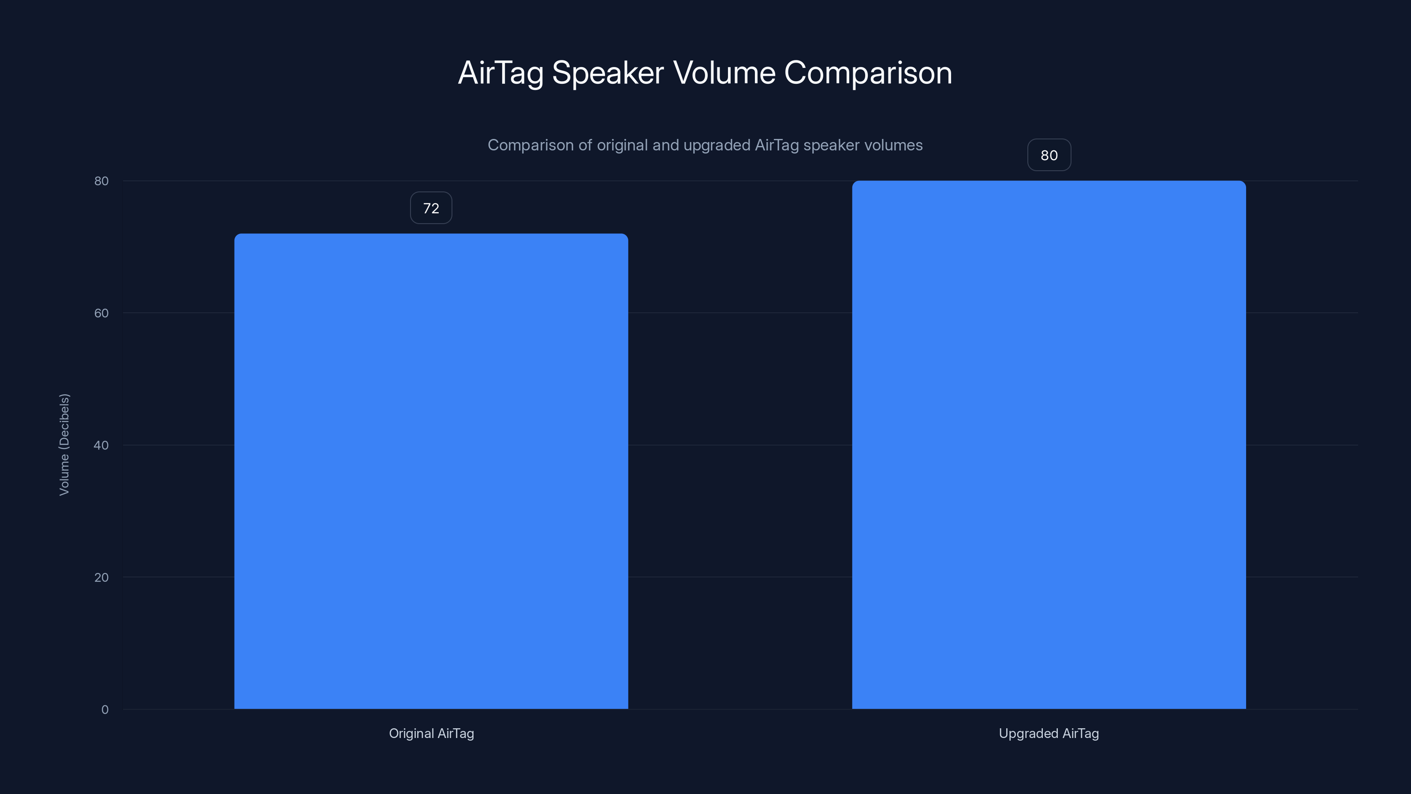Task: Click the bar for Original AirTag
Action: click(x=431, y=471)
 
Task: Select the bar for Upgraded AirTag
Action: click(x=1049, y=445)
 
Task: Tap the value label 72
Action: click(x=431, y=208)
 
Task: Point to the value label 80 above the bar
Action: click(x=1049, y=156)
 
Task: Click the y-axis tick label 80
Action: click(x=101, y=181)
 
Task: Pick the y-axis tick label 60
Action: click(x=101, y=314)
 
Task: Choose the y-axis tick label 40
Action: click(x=101, y=446)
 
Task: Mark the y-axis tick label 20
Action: click(x=101, y=577)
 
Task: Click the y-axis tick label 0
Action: click(x=105, y=710)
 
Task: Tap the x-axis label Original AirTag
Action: click(x=431, y=733)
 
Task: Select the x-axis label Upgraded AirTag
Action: click(x=1049, y=733)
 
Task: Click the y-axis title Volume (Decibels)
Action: click(x=64, y=444)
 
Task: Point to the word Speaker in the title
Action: click(x=608, y=73)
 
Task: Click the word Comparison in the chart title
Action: click(x=868, y=73)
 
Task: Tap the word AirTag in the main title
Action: click(x=500, y=73)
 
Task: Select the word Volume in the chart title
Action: click(x=724, y=73)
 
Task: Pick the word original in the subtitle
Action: click(x=622, y=145)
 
